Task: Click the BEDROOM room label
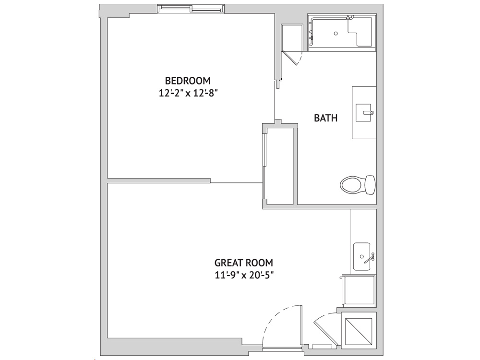click(188, 81)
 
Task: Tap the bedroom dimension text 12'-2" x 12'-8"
click(188, 93)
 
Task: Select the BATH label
click(326, 118)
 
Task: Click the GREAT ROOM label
click(244, 263)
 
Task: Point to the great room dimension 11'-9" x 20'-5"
click(244, 276)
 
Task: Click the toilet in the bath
click(358, 185)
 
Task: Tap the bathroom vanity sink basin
click(363, 113)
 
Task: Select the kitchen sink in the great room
click(362, 256)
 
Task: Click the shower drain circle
click(336, 34)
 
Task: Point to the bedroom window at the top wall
click(192, 9)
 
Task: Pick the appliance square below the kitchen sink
click(359, 290)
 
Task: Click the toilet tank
click(371, 185)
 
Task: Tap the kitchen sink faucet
click(370, 258)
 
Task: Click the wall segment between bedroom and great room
click(158, 180)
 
